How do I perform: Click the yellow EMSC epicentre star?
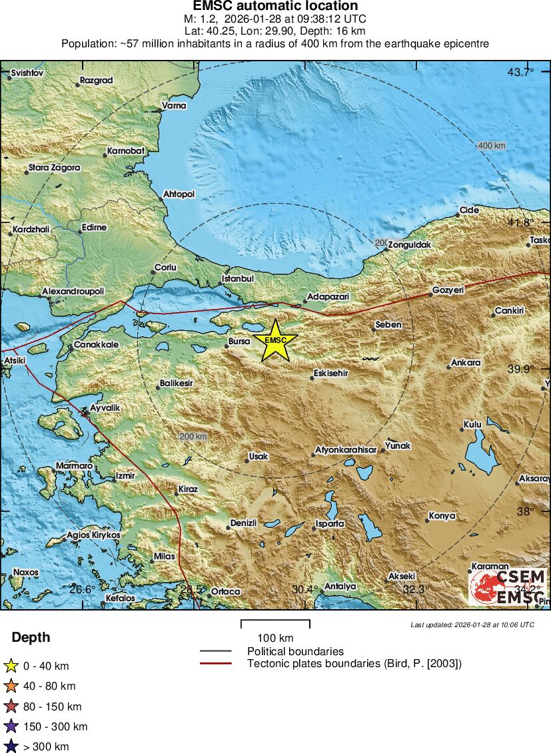click(x=275, y=340)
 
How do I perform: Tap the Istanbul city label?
click(x=238, y=278)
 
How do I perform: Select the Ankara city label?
click(x=466, y=363)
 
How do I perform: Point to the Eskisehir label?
click(x=332, y=374)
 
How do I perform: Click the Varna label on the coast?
click(x=175, y=105)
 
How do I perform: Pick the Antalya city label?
click(x=340, y=587)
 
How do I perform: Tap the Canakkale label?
click(x=96, y=344)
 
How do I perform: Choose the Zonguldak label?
click(x=409, y=245)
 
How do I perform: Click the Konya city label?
click(x=442, y=516)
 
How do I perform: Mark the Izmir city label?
click(x=125, y=476)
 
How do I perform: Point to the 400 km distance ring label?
click(x=491, y=146)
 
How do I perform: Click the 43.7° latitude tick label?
click(x=520, y=72)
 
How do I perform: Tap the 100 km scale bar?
click(x=275, y=625)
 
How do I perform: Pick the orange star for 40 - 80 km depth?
click(x=11, y=686)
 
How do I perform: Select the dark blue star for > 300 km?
click(x=11, y=746)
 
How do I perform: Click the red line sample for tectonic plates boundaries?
click(x=215, y=663)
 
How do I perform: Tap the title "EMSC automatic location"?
click(x=275, y=7)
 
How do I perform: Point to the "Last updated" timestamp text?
click(x=472, y=625)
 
